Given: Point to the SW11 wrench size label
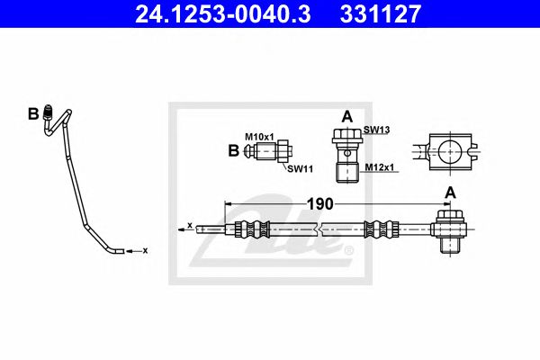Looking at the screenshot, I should pyautogui.click(x=300, y=168).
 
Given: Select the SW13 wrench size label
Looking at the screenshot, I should pyautogui.click(x=375, y=130).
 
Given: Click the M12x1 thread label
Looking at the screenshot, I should pyautogui.click(x=378, y=166).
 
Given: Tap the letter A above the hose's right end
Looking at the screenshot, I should pyautogui.click(x=449, y=192).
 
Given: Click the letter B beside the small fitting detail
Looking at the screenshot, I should pyautogui.click(x=234, y=151).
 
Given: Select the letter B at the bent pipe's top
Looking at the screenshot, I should pyautogui.click(x=33, y=113).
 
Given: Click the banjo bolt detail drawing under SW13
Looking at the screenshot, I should pyautogui.click(x=346, y=153).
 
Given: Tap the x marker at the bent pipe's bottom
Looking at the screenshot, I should pyautogui.click(x=144, y=251).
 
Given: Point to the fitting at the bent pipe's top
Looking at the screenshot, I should pyautogui.click(x=52, y=118).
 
